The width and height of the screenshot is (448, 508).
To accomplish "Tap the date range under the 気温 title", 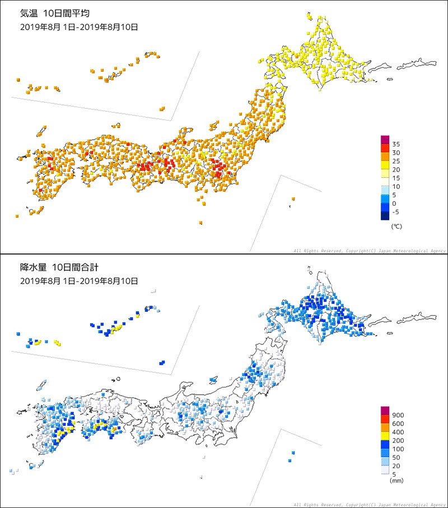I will [x=79, y=27].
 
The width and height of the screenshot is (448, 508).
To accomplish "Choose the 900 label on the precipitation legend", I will [x=398, y=415].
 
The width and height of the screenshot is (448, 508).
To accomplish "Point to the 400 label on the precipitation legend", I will [x=398, y=433].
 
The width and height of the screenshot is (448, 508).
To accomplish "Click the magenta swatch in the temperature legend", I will [x=385, y=140].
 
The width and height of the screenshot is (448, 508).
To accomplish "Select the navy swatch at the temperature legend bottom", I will [x=385, y=215].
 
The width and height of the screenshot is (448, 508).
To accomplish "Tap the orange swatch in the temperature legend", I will [x=385, y=156].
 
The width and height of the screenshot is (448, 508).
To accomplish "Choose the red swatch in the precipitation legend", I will [x=385, y=419].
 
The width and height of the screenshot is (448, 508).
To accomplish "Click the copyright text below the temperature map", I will [x=369, y=251].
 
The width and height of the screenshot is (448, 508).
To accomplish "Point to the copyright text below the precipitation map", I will [x=369, y=505].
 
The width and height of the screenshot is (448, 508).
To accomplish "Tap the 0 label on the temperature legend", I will [x=394, y=204].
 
